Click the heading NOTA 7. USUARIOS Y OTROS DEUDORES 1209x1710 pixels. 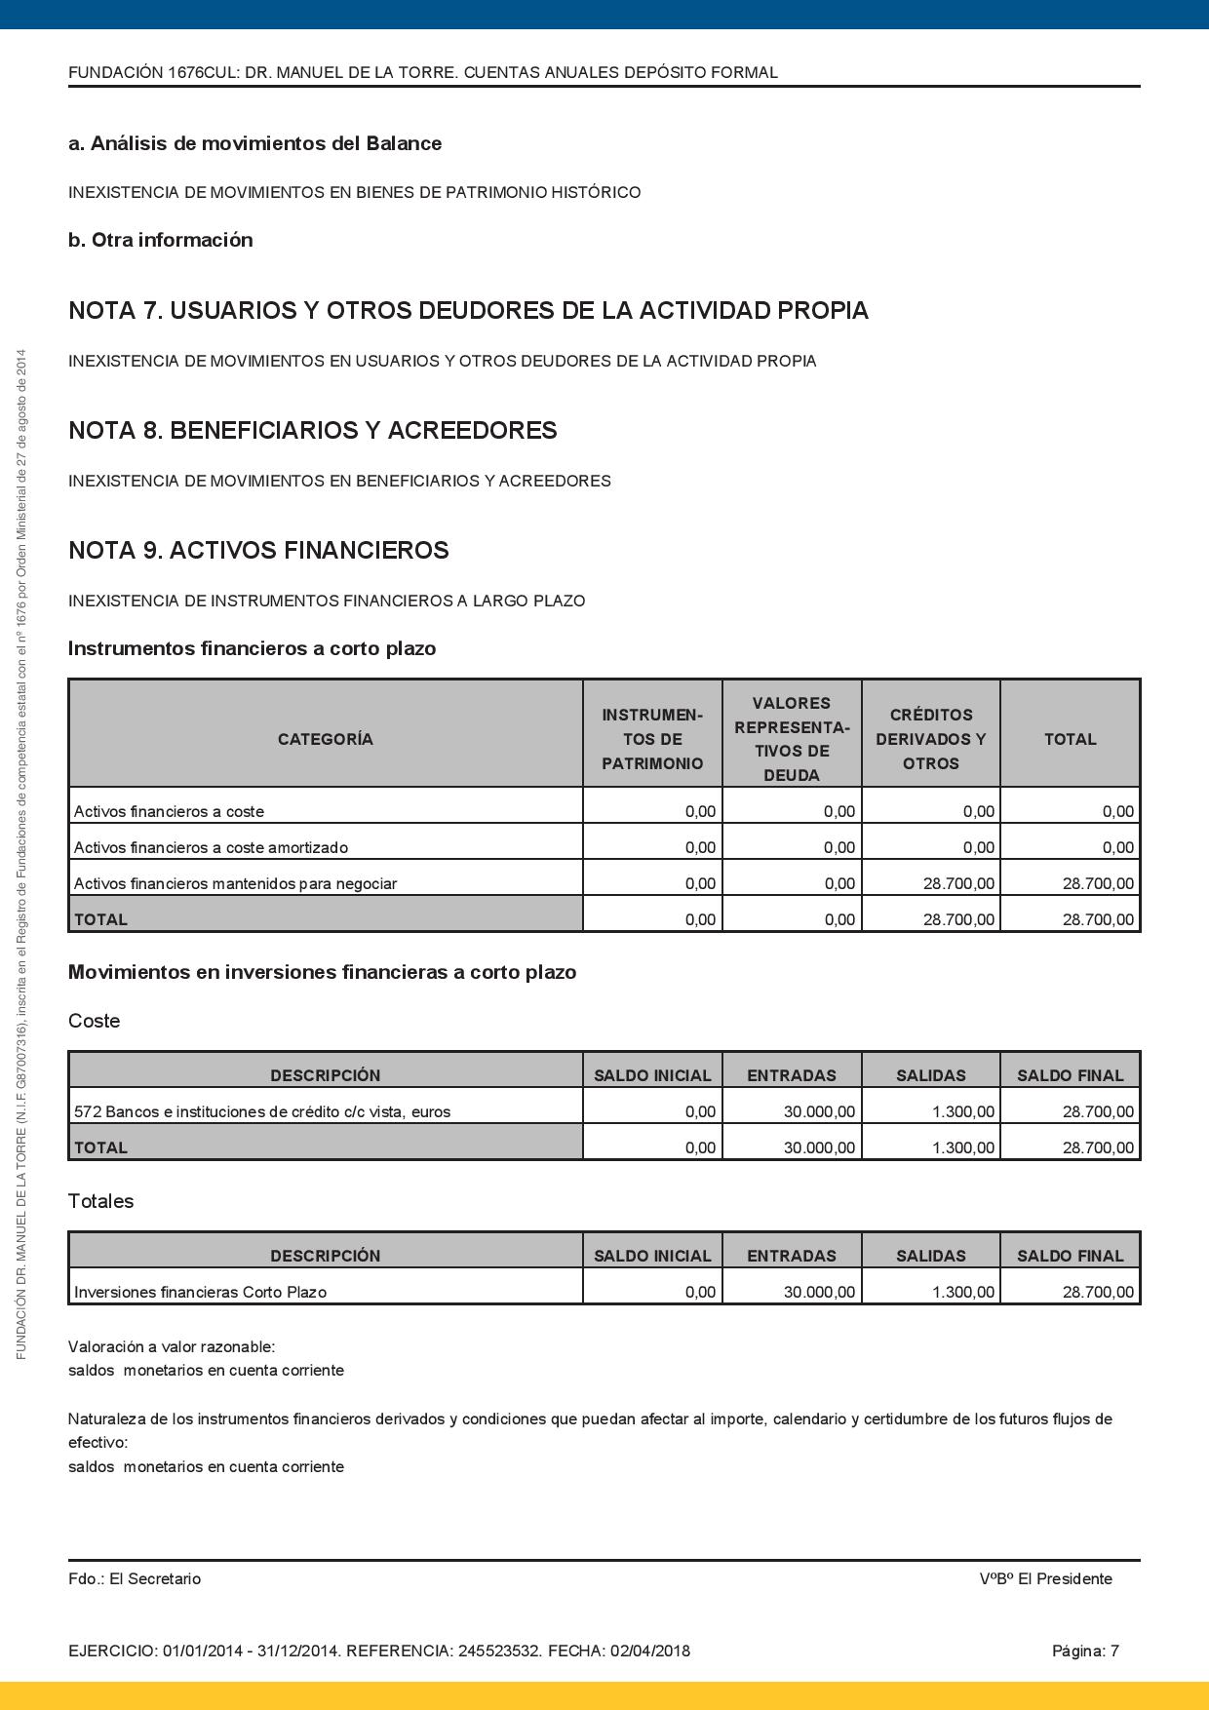pyautogui.click(x=468, y=311)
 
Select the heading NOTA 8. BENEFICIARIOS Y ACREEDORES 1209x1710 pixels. pyautogui.click(x=312, y=431)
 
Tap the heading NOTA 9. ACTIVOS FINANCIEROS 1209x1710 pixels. pyautogui.click(x=258, y=551)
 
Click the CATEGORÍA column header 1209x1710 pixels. pyautogui.click(x=325, y=739)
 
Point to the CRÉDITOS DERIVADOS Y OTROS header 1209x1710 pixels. pyautogui.click(x=930, y=739)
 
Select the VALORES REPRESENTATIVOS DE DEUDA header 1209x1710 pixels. pyautogui.click(x=792, y=739)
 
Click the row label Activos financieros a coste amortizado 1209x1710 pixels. pyautogui.click(x=211, y=848)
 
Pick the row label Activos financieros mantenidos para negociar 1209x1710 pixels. pyautogui.click(x=235, y=884)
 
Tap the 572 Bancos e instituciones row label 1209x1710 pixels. pyautogui.click(x=262, y=1112)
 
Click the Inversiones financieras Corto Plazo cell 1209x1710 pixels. pyautogui.click(x=200, y=1293)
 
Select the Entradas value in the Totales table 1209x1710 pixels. pyautogui.click(x=819, y=1293)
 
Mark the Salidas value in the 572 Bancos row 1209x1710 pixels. pyautogui.click(x=962, y=1112)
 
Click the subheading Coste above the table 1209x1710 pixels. pyautogui.click(x=94, y=1022)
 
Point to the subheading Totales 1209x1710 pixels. pyautogui.click(x=100, y=1202)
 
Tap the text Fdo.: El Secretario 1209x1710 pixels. pyautogui.click(x=135, y=1579)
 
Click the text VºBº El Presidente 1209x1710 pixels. pyautogui.click(x=1045, y=1579)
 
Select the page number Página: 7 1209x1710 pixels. pyautogui.click(x=1084, y=1652)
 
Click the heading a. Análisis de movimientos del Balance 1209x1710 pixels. pyautogui.click(x=254, y=144)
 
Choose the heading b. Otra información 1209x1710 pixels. pyautogui.click(x=160, y=241)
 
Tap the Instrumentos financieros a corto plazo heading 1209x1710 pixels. pyautogui.click(x=252, y=649)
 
